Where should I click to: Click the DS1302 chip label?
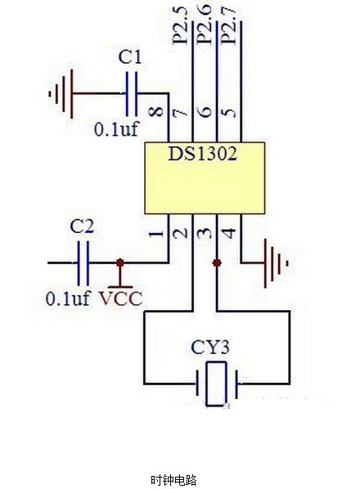tap(202, 154)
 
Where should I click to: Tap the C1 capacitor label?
tap(130, 58)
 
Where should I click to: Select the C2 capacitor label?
tap(82, 227)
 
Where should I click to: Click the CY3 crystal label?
tap(210, 348)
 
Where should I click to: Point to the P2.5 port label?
tap(180, 25)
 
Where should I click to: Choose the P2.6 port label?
tap(205, 25)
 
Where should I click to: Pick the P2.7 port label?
tap(228, 25)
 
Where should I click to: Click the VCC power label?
tap(121, 298)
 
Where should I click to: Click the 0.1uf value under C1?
tap(115, 129)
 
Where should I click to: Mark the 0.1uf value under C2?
tap(68, 298)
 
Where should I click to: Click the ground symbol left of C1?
tap(61, 93)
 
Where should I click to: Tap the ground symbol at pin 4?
tap(276, 263)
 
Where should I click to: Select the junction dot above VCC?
tap(120, 263)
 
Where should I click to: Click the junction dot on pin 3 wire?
tap(217, 263)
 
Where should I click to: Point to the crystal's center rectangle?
tap(216, 384)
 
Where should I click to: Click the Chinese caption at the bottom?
tap(173, 480)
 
